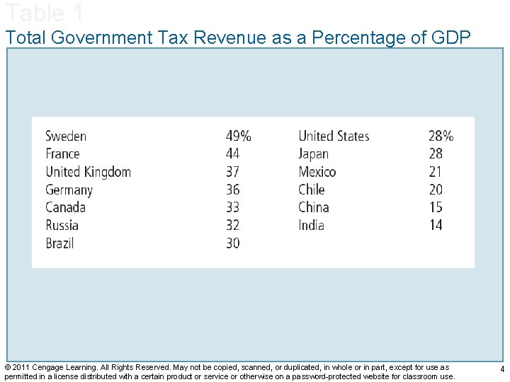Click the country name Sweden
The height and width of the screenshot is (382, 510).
pos(66,136)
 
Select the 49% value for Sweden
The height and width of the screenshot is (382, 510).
pos(238,136)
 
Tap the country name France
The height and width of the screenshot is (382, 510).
pos(62,154)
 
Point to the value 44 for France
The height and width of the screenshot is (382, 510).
pos(232,154)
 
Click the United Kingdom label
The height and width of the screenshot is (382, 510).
pos(88,172)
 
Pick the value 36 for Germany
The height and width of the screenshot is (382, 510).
pos(232,190)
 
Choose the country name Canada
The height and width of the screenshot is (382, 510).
pos(65,207)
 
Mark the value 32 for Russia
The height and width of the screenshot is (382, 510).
pos(232,225)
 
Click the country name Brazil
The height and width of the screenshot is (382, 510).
pos(59,243)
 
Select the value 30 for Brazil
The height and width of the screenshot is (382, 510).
pos(232,243)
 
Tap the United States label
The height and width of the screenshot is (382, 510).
pos(334,136)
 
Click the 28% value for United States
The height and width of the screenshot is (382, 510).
pos(441,136)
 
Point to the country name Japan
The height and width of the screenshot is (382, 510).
pos(313,154)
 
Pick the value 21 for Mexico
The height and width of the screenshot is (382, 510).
pos(435,172)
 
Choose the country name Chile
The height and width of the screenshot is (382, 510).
pos(311,190)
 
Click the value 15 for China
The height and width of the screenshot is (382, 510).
pos(435,207)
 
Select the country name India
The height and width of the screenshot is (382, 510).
pos(311,225)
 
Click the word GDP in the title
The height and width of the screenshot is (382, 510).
pos(449,37)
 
